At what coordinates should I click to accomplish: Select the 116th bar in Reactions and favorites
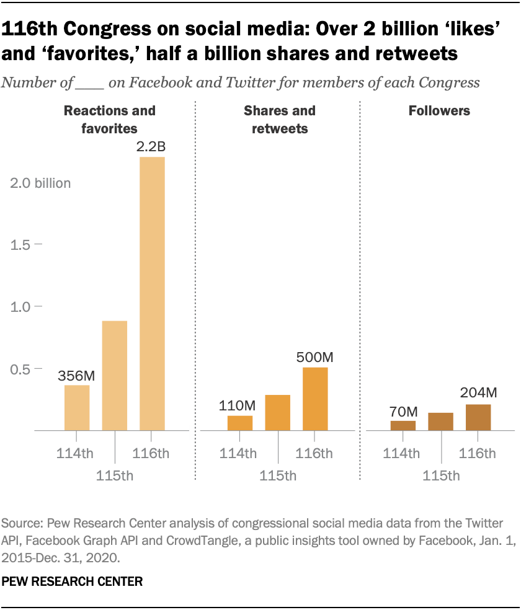[x=152, y=293]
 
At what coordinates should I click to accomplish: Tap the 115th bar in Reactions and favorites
[x=115, y=375]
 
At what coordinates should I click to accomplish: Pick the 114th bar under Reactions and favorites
[x=78, y=407]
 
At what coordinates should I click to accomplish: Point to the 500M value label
[x=315, y=358]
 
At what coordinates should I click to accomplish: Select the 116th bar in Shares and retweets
[x=315, y=399]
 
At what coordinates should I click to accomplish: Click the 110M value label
[x=239, y=405]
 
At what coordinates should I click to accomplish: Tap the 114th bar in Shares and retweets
[x=239, y=423]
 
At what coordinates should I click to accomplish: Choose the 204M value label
[x=478, y=392]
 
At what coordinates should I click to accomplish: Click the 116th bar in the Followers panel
[x=478, y=417]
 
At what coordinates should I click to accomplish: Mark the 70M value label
[x=403, y=411]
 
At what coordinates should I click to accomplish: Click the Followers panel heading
[x=439, y=112]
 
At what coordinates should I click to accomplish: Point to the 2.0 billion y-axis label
[x=41, y=183]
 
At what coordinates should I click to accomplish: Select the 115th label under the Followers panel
[x=441, y=476]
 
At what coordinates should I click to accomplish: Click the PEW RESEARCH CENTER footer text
[x=73, y=582]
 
